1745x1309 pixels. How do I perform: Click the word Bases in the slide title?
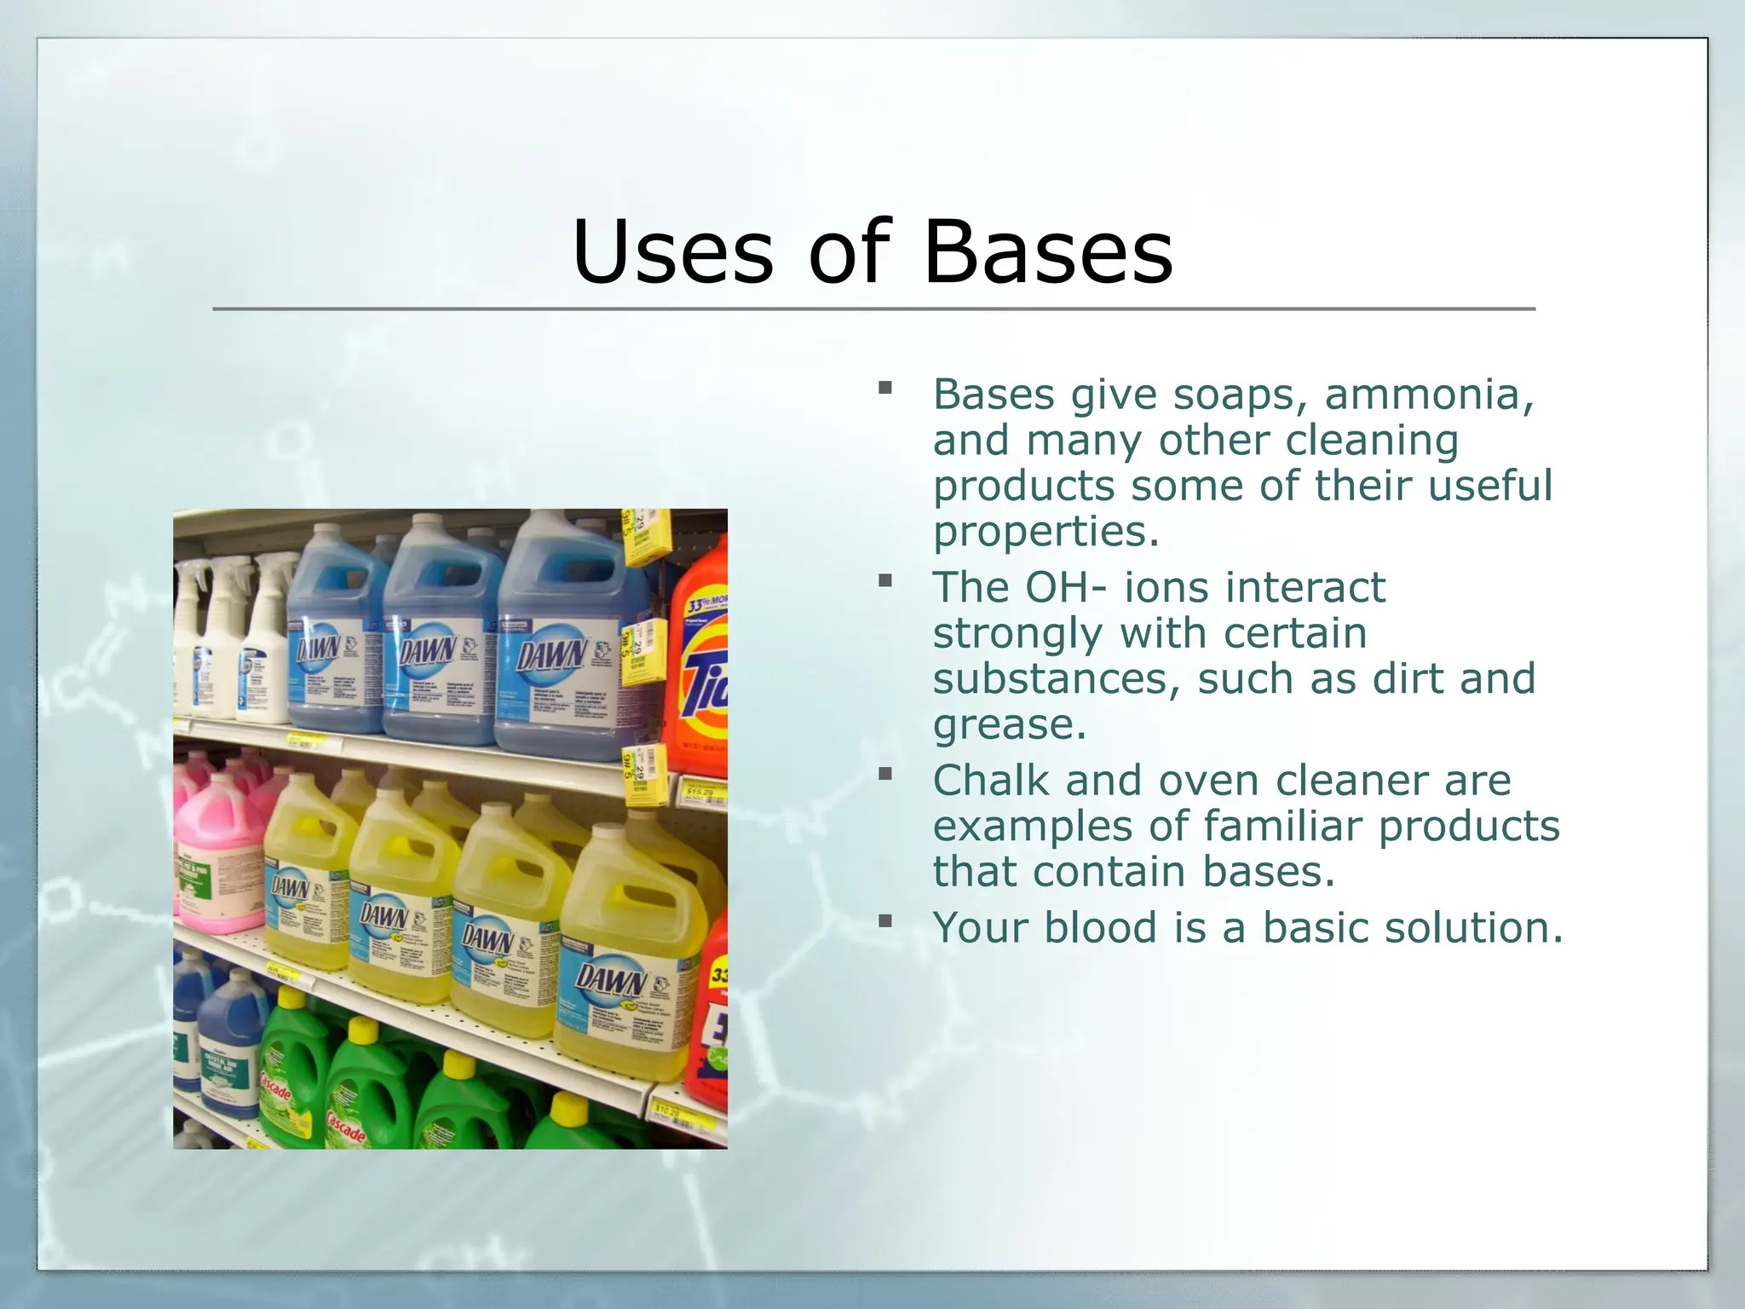[x=1047, y=253]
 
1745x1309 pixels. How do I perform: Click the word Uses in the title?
[x=672, y=253]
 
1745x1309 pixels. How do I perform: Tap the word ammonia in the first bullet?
[x=1429, y=395]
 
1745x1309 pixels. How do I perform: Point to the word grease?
[x=1009, y=725]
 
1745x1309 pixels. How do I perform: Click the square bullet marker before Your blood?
[x=885, y=921]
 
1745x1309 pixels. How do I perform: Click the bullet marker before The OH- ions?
[x=885, y=581]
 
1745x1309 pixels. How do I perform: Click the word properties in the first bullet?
[x=1045, y=533]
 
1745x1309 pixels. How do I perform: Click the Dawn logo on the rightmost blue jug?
[x=551, y=655]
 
